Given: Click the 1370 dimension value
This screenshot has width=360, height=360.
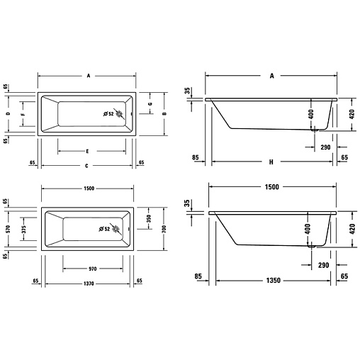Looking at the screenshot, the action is [x=89, y=283].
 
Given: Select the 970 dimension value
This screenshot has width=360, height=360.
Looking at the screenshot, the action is [x=93, y=269].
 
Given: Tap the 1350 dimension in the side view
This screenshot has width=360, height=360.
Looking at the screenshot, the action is [x=274, y=281].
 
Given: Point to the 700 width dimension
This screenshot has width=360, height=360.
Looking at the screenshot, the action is [x=164, y=229].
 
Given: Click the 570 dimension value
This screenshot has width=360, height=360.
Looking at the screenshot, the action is [x=8, y=229].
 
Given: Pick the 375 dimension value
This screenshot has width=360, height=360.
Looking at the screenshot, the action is [x=23, y=229].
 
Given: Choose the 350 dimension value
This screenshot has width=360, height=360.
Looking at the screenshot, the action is [x=149, y=218].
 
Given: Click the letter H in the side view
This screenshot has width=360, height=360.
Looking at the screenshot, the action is [x=271, y=162].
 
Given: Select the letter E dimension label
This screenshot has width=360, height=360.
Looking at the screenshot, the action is [x=87, y=151].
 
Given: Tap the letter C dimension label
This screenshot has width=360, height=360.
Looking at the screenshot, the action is [x=86, y=166].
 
